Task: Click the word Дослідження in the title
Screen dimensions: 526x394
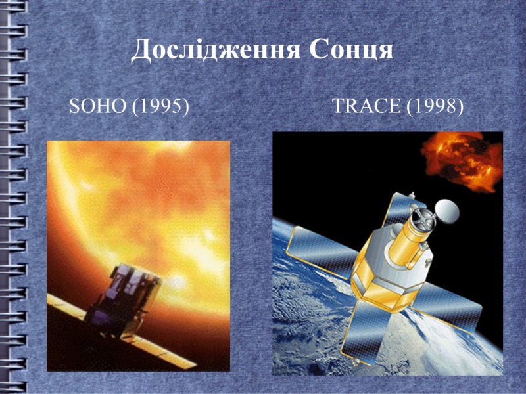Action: point(216,51)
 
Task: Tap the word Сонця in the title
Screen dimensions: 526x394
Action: point(351,50)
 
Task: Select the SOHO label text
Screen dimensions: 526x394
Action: point(97,106)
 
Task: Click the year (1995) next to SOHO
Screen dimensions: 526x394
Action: point(160,106)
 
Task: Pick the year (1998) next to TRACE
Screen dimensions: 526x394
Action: point(435,106)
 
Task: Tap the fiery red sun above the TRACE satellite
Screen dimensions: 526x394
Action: point(462,162)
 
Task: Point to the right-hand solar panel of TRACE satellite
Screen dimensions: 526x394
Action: point(448,306)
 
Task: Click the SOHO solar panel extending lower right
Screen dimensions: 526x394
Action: point(160,351)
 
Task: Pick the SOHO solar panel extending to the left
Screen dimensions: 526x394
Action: point(67,305)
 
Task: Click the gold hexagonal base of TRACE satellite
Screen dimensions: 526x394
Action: point(386,284)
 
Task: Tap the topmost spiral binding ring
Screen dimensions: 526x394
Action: point(13,7)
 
